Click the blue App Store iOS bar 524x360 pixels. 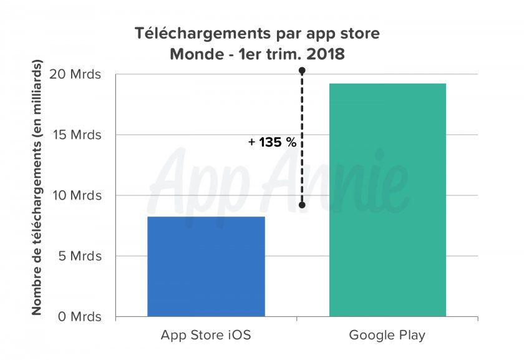tap(206, 266)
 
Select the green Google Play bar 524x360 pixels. tap(387, 200)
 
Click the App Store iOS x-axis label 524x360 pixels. tap(206, 335)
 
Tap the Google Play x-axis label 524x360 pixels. tap(387, 335)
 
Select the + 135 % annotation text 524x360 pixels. tap(272, 142)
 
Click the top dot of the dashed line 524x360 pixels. tap(302, 71)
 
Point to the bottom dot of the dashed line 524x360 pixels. tap(302, 205)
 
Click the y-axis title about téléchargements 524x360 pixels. tap(37, 187)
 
